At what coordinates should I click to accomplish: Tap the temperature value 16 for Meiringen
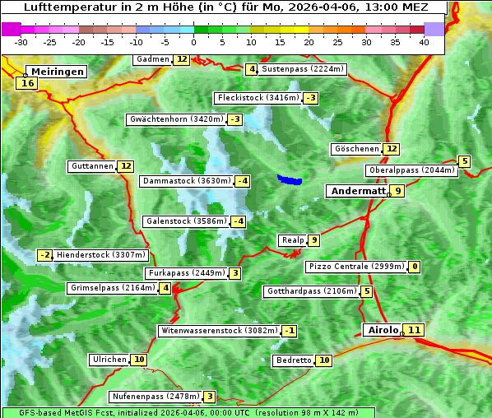27,83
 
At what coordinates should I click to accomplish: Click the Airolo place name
383,330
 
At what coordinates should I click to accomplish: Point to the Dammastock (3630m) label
185,181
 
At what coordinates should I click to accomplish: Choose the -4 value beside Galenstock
238,221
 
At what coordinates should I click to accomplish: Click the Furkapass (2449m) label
185,273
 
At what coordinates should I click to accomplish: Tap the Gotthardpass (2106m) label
311,291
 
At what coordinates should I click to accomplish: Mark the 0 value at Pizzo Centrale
415,267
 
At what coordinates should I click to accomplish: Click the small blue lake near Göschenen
289,179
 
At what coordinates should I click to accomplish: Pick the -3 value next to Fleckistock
310,99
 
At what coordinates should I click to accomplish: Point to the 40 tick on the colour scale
424,41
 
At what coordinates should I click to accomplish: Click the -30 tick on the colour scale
21,41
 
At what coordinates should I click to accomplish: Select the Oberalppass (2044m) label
411,170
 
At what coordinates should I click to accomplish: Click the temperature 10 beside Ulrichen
139,360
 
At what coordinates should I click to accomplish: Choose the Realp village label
292,240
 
